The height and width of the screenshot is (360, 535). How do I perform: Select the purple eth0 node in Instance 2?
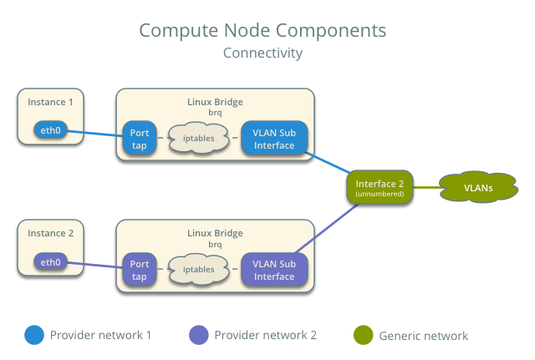(x=50, y=262)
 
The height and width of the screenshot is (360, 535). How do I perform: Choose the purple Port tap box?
(x=139, y=270)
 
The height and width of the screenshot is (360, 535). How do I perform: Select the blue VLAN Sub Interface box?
(x=274, y=139)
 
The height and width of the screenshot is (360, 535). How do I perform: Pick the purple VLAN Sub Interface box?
(x=274, y=269)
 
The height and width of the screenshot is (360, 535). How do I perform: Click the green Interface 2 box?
(x=380, y=187)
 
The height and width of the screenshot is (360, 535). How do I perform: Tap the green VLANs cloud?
(x=478, y=187)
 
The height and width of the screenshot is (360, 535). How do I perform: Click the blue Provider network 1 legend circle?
(x=33, y=335)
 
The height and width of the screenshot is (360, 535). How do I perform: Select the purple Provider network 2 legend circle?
(x=199, y=335)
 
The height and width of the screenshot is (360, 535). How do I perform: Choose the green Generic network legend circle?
(x=363, y=335)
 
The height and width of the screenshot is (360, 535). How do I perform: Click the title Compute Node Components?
(x=262, y=31)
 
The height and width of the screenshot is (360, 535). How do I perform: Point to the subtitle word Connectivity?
(x=262, y=53)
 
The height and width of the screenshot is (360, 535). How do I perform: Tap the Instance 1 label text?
(x=50, y=102)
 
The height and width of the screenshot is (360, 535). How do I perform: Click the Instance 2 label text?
(x=50, y=233)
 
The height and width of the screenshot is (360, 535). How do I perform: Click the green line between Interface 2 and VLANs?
(x=426, y=187)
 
